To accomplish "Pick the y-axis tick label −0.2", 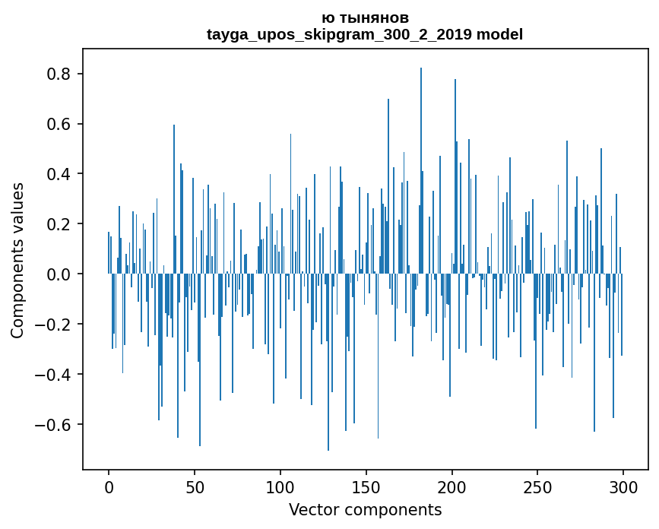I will point(54,325).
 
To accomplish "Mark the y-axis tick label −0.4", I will point(54,375).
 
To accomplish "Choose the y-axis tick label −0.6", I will point(54,425).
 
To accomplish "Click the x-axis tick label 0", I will point(109,486).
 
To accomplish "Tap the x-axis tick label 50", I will point(195,486).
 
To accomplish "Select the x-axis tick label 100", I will point(280,486).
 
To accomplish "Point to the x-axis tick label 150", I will point(366,486).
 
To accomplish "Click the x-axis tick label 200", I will point(452,486).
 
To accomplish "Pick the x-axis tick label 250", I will point(538,486).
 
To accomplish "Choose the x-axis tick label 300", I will point(623,486).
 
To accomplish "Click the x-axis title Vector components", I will point(365,510).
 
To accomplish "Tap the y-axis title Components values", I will point(17,260).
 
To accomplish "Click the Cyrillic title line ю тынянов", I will point(365,17).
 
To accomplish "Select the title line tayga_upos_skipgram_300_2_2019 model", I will point(365,34).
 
